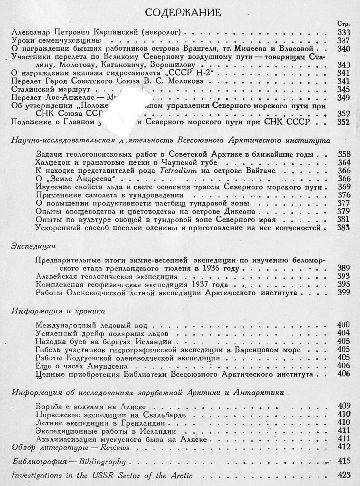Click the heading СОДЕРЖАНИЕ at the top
[182, 13]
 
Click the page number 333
[343, 32]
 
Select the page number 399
[343, 293]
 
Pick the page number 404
[343, 333]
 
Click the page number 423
[343, 475]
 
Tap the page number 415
[343, 460]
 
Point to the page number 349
[343, 98]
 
